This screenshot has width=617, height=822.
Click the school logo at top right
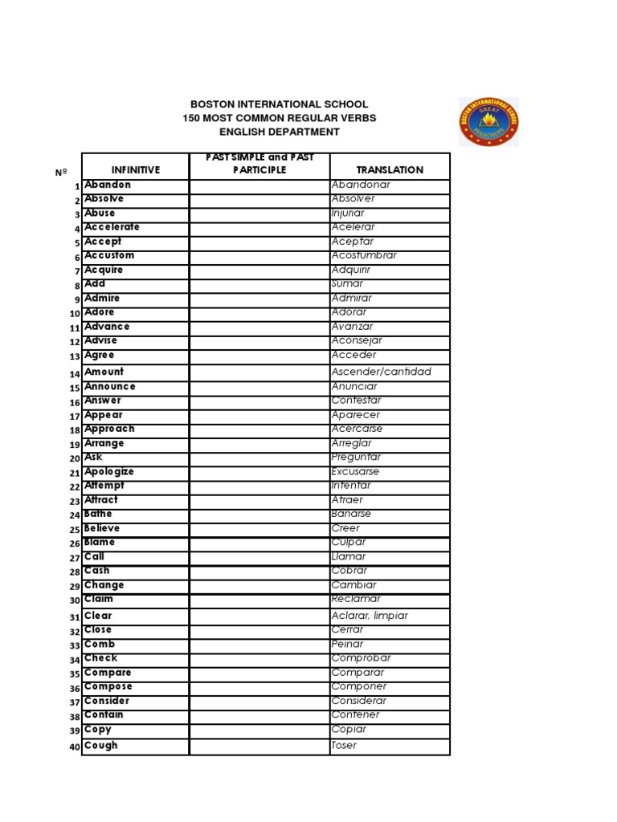[488, 122]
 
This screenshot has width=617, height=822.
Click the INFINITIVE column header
[136, 170]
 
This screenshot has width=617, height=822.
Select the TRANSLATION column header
[390, 170]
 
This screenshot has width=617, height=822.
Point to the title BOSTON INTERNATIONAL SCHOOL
[279, 104]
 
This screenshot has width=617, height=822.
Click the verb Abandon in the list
[108, 185]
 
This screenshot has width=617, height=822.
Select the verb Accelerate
[112, 227]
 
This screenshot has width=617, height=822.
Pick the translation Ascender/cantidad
[382, 372]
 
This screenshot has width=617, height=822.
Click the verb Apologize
[109, 472]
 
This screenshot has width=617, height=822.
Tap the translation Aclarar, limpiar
[370, 616]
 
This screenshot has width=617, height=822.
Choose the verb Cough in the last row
[101, 746]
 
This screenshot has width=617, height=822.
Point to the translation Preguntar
[356, 458]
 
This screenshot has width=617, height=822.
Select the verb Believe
[102, 529]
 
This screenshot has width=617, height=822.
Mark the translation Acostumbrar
[364, 256]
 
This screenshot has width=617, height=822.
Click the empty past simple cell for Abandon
[259, 185]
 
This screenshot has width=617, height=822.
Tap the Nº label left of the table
[62, 172]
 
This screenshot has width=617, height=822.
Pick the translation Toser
[345, 746]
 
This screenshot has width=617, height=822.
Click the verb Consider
[107, 701]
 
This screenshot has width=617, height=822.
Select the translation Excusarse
[355, 472]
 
